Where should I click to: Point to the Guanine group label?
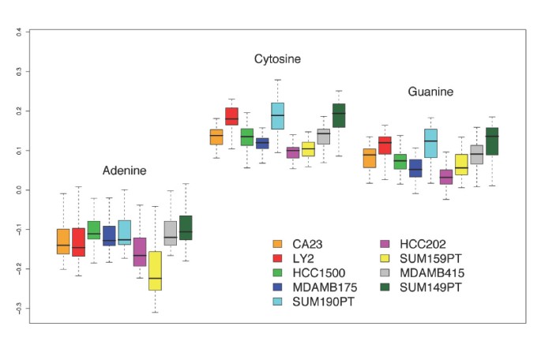tap(430, 92)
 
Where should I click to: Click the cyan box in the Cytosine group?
tap(277, 115)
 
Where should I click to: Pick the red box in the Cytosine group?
tap(231, 116)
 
